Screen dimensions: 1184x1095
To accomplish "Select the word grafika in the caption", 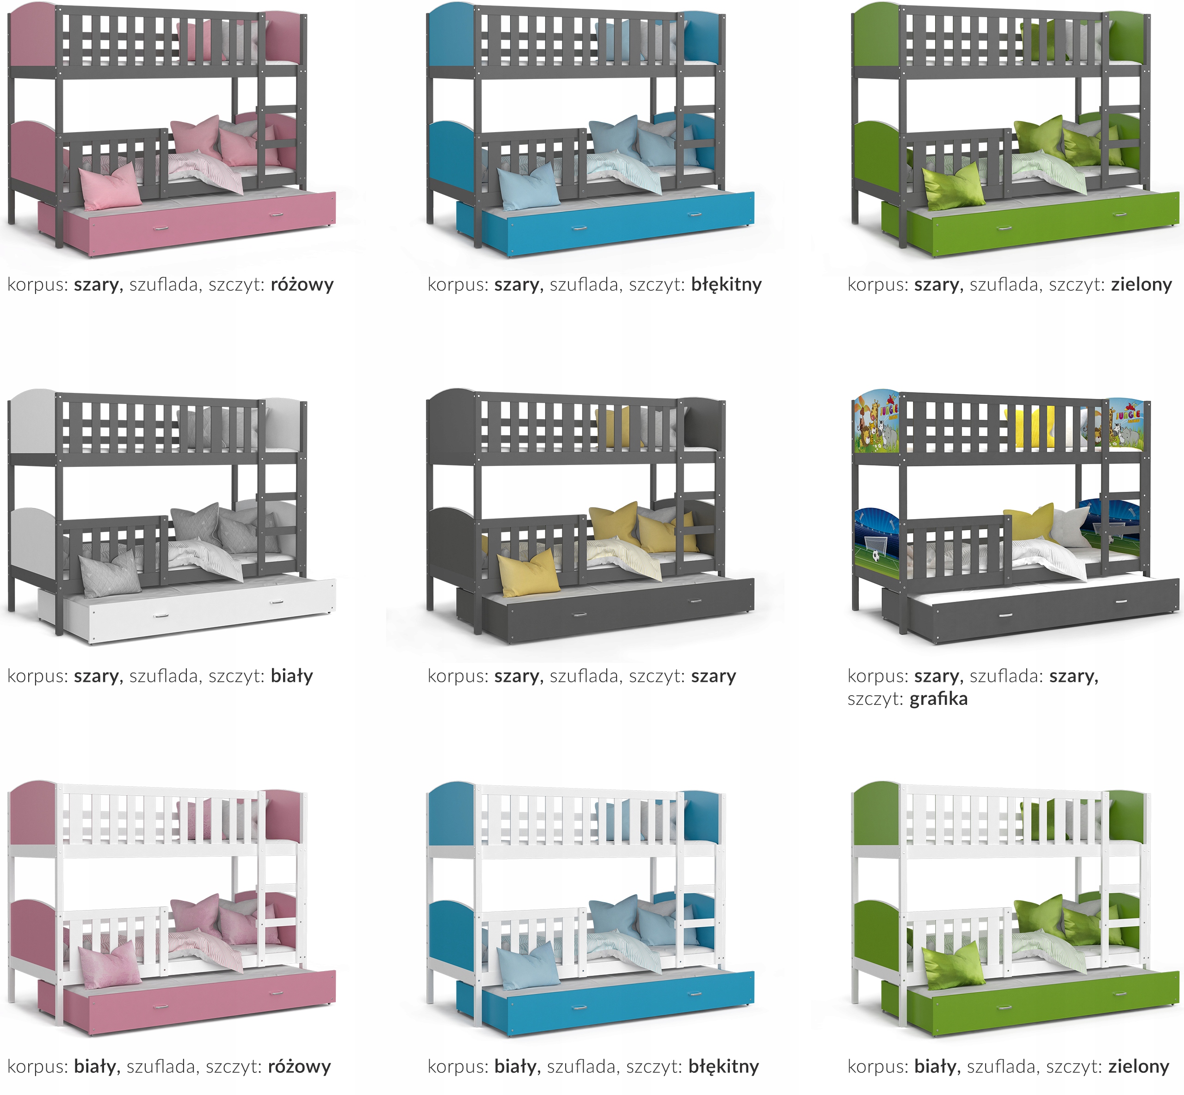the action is [x=938, y=699].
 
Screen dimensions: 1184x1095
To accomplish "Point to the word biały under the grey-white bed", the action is [x=292, y=676].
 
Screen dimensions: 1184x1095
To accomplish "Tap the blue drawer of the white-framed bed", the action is [x=617, y=1007].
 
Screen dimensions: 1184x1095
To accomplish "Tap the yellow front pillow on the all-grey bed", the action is [x=528, y=572].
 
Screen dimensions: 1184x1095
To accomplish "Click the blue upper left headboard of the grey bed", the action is [x=450, y=36].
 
